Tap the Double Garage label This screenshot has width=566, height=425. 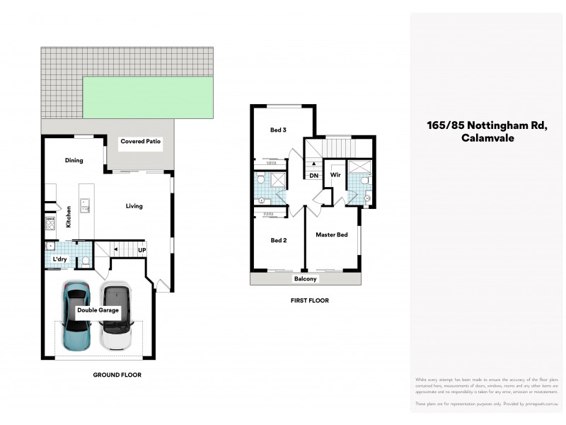(x=98, y=310)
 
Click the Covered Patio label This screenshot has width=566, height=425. (x=141, y=142)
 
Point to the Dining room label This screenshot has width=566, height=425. (x=74, y=161)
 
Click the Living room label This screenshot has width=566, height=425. (x=134, y=206)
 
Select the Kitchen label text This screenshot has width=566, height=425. (x=69, y=216)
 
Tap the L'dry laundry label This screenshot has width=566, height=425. (x=60, y=259)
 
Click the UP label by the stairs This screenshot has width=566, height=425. (x=141, y=250)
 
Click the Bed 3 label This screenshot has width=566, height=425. (x=278, y=130)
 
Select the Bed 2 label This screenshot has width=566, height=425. (x=278, y=240)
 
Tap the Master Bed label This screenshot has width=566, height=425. (x=331, y=234)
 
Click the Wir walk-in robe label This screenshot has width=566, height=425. (x=335, y=174)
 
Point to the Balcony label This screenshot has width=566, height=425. (x=306, y=279)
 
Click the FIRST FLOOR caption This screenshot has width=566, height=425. (x=309, y=300)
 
